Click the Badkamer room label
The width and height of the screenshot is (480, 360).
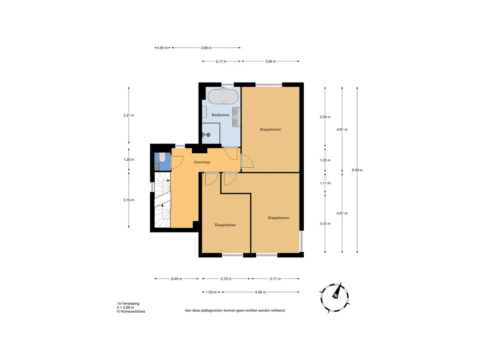(220, 115)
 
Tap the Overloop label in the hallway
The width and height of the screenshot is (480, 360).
(202, 162)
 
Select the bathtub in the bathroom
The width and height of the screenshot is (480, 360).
(223, 97)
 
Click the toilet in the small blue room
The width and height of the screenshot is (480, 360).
(161, 157)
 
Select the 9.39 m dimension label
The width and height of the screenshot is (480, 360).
(357, 170)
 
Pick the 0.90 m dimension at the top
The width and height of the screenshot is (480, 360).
(162, 48)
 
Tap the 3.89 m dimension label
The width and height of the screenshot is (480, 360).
(206, 48)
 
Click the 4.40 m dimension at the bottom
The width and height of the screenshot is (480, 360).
(260, 292)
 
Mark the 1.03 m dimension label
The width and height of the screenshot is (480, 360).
(211, 292)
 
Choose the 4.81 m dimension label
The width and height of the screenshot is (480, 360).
(342, 129)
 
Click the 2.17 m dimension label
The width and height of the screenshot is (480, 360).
(221, 61)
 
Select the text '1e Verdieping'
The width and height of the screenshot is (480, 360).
(128, 303)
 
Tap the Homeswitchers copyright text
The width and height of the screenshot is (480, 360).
(131, 311)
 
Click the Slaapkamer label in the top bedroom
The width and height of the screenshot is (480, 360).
(270, 129)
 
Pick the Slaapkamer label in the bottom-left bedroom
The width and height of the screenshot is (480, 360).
(225, 225)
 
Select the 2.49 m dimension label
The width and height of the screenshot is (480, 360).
(176, 279)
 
